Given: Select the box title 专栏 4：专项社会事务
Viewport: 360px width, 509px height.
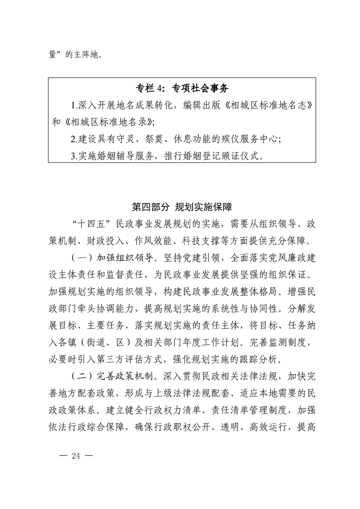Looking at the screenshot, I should [x=182, y=88].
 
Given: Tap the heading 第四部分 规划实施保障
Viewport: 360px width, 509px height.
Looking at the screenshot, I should [x=182, y=207].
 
